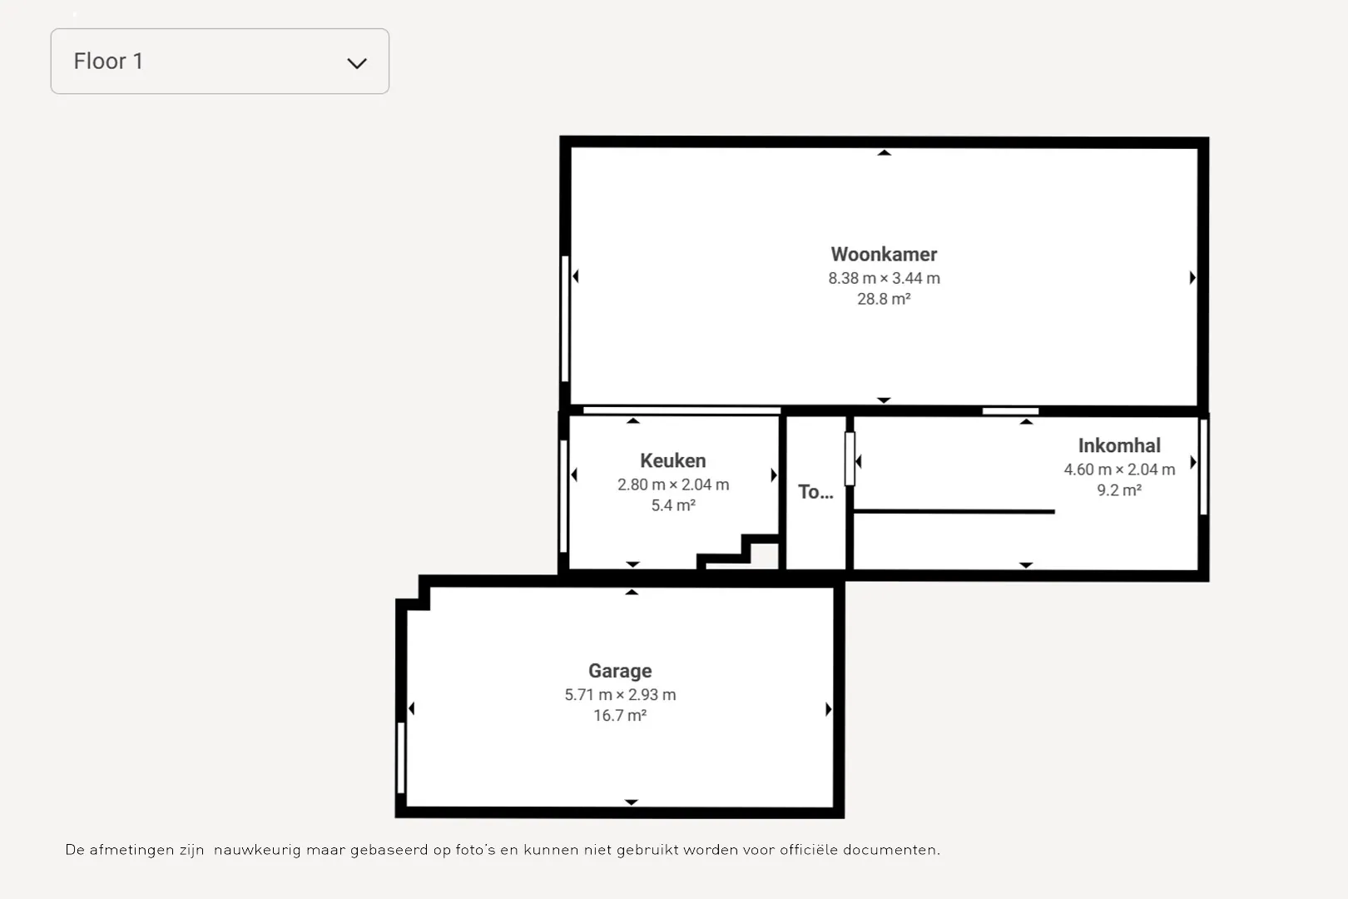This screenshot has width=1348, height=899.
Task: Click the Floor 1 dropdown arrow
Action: (357, 63)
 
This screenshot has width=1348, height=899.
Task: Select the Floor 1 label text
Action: (108, 62)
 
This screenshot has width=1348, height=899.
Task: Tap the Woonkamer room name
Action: (884, 255)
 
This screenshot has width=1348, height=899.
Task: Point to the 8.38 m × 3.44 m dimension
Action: (884, 278)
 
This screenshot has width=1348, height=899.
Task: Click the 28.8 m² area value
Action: (884, 299)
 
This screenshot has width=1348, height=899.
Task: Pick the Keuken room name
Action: (673, 460)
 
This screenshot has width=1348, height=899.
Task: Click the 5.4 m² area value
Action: (673, 505)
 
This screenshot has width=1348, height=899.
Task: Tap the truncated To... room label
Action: (815, 492)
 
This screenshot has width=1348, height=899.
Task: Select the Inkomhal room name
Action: (1119, 445)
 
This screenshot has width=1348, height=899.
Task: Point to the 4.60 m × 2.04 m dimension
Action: (1119, 469)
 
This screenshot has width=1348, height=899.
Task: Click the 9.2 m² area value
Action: (1119, 490)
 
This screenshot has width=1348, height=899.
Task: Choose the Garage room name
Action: (620, 671)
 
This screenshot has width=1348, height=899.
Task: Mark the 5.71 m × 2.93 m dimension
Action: (620, 695)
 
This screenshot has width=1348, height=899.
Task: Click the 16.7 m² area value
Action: (620, 715)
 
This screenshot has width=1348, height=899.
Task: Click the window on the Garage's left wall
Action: (401, 757)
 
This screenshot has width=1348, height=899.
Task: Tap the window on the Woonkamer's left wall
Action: (565, 319)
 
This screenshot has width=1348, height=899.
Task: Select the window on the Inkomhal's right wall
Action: (1203, 467)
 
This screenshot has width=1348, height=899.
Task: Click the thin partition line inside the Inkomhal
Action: (954, 512)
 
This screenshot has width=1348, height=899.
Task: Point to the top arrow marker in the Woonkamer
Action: (884, 153)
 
